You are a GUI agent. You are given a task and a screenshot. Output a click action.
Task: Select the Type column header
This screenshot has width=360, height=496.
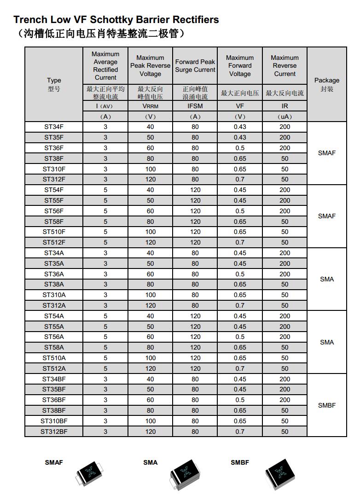tap(54, 84)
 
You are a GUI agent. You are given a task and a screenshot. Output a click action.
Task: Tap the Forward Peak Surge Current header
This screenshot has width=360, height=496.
tap(195, 65)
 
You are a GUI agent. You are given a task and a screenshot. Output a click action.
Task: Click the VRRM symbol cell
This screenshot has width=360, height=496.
tap(151, 106)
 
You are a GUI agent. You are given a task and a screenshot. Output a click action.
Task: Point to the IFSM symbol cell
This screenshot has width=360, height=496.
tap(195, 106)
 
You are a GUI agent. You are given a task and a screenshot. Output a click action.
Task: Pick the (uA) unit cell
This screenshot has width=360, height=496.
tap(285, 117)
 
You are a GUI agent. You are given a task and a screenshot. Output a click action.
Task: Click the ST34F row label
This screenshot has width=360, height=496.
tap(54, 127)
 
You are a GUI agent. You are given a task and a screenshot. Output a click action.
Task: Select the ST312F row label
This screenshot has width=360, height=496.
tap(54, 180)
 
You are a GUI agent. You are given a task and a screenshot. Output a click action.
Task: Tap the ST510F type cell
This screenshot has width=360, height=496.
tap(54, 232)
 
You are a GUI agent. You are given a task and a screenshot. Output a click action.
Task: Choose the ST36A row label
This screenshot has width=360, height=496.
tap(54, 274)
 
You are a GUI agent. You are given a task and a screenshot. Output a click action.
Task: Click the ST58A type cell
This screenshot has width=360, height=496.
tap(54, 348)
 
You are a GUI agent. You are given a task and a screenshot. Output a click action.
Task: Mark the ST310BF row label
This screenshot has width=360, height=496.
tap(54, 421)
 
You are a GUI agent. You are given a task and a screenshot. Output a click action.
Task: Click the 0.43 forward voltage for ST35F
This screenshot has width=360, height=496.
tap(240, 138)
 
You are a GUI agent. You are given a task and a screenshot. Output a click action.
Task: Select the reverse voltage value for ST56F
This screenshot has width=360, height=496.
tap(151, 211)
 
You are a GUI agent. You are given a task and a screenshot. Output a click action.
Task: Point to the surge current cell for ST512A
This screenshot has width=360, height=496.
tap(195, 368)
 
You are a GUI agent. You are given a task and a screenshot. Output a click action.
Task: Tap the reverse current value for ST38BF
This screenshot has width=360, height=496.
tap(285, 410)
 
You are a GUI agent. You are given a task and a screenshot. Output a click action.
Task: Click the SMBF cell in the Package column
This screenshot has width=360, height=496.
tap(327, 405)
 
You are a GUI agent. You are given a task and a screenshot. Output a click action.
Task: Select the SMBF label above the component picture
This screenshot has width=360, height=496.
tap(240, 462)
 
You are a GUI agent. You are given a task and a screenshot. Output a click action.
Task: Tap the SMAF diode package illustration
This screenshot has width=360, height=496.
tap(94, 474)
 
